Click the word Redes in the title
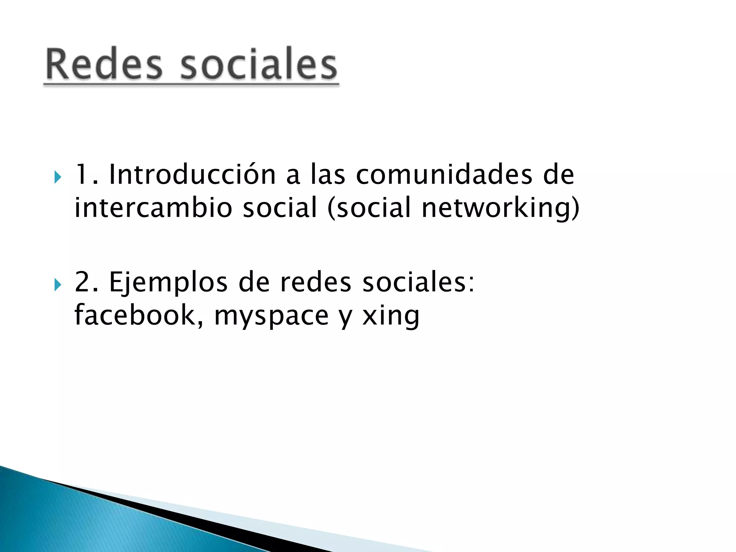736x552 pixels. coord(104,65)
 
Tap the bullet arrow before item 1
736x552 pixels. coord(57,177)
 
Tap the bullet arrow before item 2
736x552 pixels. coord(57,285)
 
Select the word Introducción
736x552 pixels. coord(192,175)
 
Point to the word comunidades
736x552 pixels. coord(444,175)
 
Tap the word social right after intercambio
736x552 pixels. coord(280,208)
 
